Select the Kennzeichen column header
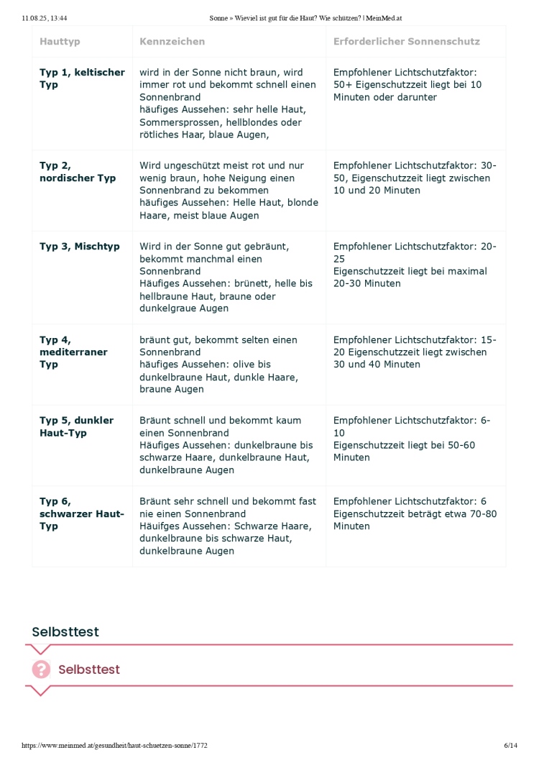(172, 42)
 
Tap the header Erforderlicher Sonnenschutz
(406, 42)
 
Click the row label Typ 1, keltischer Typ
(82, 78)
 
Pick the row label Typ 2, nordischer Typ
(77, 172)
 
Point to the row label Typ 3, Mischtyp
(80, 247)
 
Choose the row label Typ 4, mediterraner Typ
(73, 352)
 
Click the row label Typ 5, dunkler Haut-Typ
(76, 426)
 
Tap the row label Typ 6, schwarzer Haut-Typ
(81, 513)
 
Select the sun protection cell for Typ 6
(415, 513)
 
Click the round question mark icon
(42, 670)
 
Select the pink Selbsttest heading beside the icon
(89, 670)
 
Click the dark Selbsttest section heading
(65, 632)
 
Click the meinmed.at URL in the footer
(115, 746)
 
